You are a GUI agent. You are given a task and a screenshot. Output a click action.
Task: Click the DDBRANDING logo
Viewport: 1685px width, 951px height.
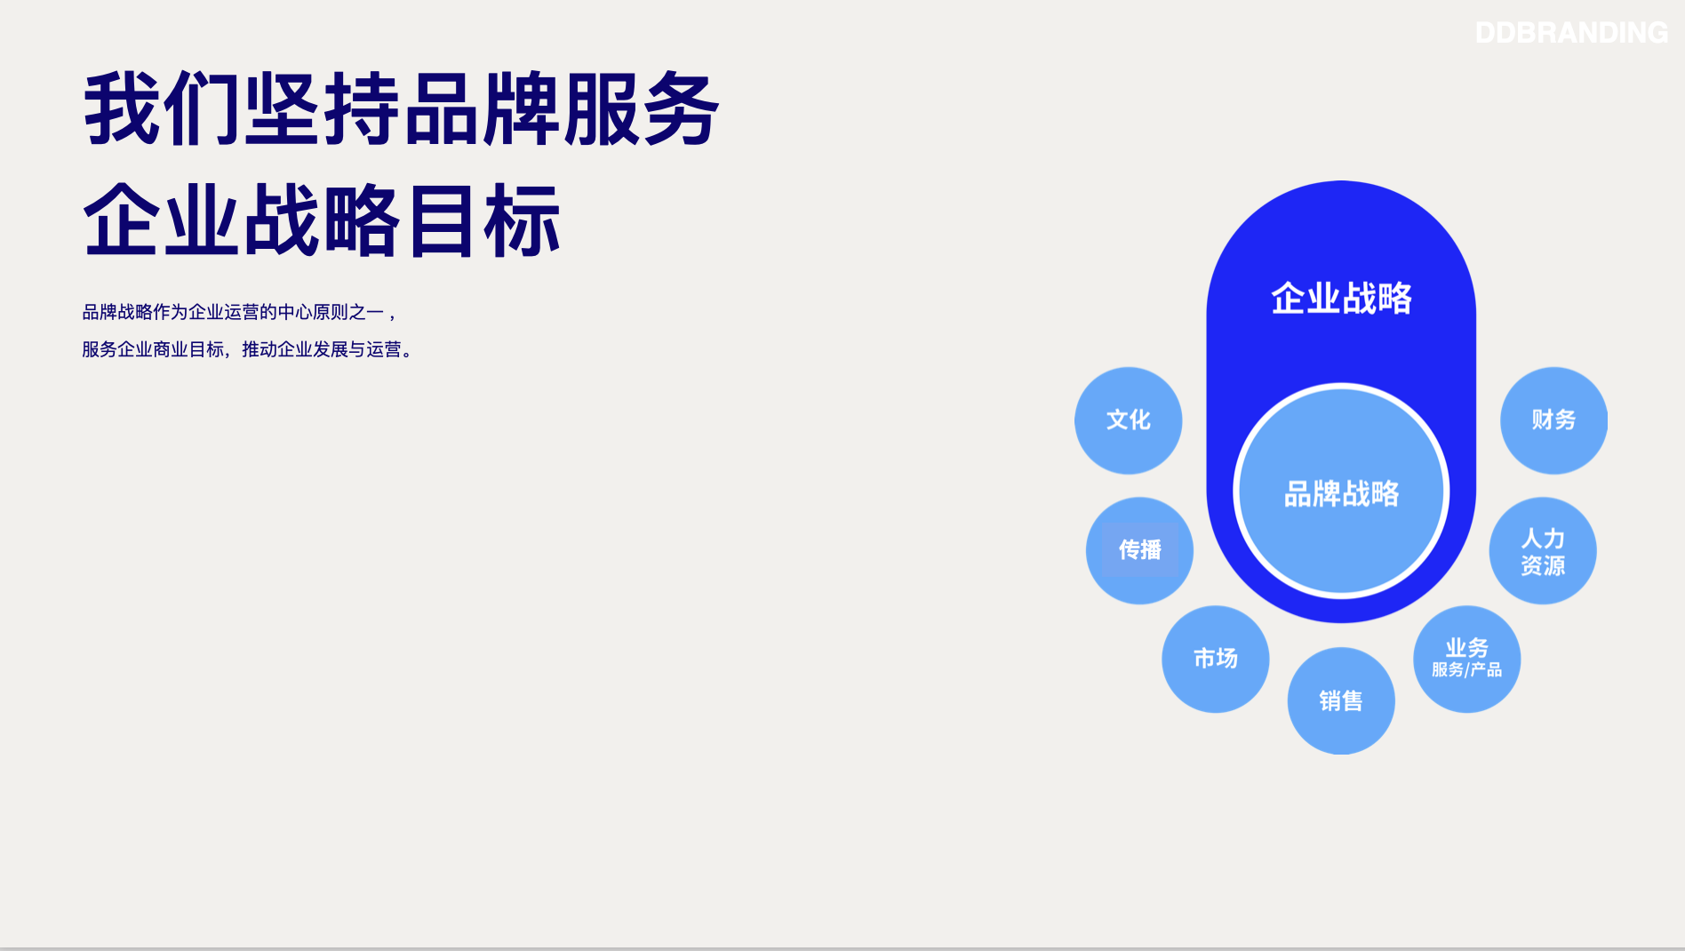point(1571,33)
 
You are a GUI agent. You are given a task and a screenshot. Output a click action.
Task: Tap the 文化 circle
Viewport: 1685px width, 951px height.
point(1129,420)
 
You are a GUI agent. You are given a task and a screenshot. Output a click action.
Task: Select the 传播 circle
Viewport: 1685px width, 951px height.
point(1139,551)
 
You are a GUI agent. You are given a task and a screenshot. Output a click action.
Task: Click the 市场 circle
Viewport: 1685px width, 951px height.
point(1216,659)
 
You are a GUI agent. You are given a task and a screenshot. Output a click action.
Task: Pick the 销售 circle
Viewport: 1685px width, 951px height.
point(1341,701)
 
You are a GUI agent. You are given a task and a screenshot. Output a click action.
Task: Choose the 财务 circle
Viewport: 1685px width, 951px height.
point(1553,420)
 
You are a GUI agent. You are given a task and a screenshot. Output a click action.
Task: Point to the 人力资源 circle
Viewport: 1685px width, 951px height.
point(1543,551)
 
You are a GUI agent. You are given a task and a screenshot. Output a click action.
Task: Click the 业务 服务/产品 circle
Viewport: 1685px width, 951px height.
point(1467,659)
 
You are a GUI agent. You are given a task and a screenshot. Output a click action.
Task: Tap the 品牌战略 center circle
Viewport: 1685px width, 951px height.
point(1341,491)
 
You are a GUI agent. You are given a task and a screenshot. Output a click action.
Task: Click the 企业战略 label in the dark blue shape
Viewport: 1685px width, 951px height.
point(1341,299)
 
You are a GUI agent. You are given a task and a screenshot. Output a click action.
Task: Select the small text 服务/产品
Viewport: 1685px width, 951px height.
point(1467,670)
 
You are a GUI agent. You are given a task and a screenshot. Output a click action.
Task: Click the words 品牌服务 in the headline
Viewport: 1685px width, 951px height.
point(562,109)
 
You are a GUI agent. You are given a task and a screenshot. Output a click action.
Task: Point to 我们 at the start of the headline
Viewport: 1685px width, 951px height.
point(163,109)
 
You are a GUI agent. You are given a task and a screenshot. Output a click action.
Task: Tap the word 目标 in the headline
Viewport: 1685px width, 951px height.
point(483,220)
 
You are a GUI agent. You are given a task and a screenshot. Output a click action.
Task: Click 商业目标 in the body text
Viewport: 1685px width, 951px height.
point(188,349)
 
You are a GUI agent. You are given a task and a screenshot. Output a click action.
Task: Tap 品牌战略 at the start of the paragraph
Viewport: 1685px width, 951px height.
point(117,312)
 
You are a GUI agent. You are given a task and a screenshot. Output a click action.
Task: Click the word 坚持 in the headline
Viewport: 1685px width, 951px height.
point(323,109)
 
